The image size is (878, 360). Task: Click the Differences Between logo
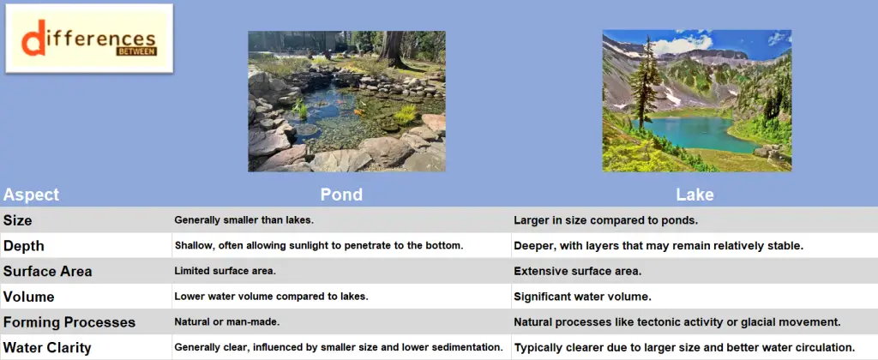(89, 39)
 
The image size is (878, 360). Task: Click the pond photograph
(346, 101)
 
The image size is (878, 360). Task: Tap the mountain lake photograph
(696, 101)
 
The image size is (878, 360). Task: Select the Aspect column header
(31, 195)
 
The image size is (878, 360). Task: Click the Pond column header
(341, 195)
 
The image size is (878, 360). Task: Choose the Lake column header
(695, 195)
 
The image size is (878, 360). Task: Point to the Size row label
(18, 220)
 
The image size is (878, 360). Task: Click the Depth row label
(23, 246)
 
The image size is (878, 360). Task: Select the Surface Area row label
(47, 272)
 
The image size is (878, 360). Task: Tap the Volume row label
(28, 297)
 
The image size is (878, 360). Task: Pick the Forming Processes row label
(69, 322)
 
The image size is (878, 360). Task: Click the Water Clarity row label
(47, 348)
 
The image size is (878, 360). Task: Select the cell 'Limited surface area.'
(225, 272)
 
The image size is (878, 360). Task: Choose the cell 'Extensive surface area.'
(577, 272)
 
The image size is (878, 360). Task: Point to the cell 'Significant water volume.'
(582, 297)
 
